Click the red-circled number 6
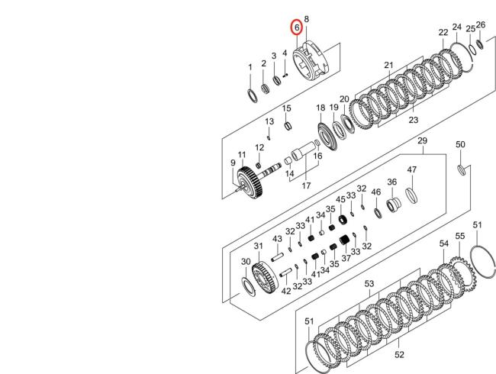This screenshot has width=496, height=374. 297,27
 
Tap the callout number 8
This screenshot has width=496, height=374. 306,19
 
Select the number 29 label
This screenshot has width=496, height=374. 422,140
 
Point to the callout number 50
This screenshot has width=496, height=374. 460,144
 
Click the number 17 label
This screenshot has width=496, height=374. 306,185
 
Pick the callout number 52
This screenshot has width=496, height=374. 399,354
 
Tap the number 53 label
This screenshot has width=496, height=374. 369,284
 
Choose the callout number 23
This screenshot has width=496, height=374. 413,120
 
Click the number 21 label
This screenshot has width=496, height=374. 388,65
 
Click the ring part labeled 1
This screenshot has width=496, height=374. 252,96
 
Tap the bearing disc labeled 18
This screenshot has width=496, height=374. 327,137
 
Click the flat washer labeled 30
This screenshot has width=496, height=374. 248,286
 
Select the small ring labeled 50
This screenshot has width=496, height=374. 462,170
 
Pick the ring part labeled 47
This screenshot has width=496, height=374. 412,195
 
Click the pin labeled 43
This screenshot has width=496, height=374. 276,256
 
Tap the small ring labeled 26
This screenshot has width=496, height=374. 480,44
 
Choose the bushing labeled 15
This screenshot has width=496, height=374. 288,126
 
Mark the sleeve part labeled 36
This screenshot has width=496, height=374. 393,205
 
